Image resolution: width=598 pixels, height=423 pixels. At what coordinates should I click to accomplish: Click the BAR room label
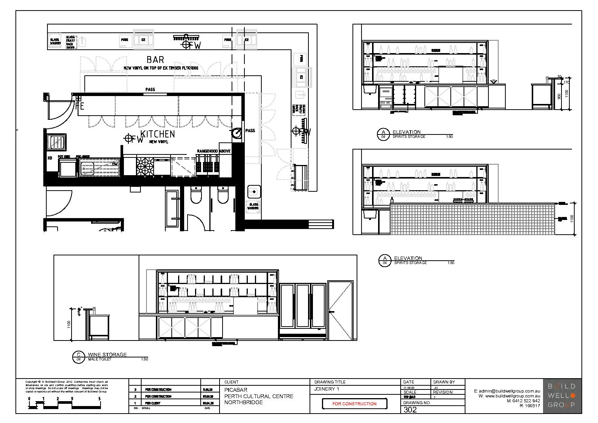tap(155, 60)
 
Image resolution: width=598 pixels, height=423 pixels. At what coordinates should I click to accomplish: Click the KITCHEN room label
tap(158, 134)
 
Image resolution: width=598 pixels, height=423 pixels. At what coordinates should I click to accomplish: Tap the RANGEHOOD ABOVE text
tap(214, 151)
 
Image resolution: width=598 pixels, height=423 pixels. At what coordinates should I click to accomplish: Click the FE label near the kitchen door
tap(80, 106)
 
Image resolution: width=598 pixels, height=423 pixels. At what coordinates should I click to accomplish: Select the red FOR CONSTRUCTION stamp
tap(354, 403)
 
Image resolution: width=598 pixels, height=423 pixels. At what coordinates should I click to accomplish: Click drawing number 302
tap(410, 409)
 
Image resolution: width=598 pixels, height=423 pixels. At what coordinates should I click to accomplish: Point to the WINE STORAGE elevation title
tap(107, 354)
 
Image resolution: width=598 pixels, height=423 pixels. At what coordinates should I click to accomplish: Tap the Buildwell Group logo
tap(561, 396)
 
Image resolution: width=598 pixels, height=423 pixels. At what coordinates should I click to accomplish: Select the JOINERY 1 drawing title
tap(326, 389)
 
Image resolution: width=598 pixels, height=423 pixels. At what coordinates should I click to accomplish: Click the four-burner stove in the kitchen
tap(145, 166)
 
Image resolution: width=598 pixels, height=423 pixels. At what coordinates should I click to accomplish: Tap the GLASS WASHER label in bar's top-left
tap(55, 41)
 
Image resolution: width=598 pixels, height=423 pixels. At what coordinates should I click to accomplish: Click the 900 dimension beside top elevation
tap(559, 96)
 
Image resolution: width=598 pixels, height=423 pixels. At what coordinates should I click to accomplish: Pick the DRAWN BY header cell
tap(444, 382)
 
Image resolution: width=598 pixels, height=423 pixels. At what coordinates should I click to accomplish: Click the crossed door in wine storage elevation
tap(340, 310)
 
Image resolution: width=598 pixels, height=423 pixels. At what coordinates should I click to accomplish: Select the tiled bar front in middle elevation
tap(473, 219)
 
